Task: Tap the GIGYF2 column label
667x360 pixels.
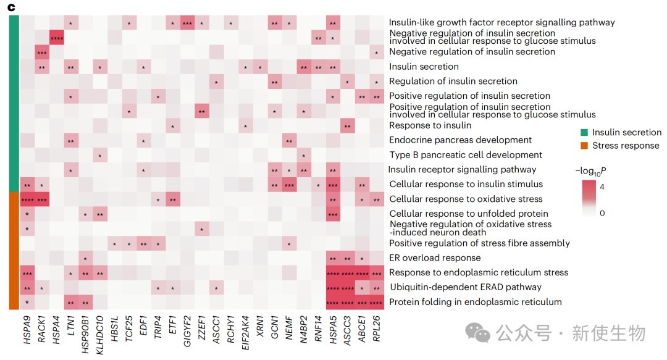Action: point(188,330)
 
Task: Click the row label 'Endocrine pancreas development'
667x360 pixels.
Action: point(460,140)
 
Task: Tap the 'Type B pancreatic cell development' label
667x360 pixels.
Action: point(466,155)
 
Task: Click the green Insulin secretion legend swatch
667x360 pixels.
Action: point(583,132)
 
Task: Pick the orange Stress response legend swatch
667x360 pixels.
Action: point(583,146)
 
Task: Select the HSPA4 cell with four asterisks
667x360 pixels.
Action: point(56,37)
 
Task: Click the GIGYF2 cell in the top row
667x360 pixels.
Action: point(188,22)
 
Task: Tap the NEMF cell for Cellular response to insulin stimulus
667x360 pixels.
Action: point(289,184)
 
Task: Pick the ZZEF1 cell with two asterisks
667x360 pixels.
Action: point(202,111)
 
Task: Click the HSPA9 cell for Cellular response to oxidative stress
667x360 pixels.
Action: point(27,199)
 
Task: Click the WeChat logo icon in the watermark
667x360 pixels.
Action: point(477,333)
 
